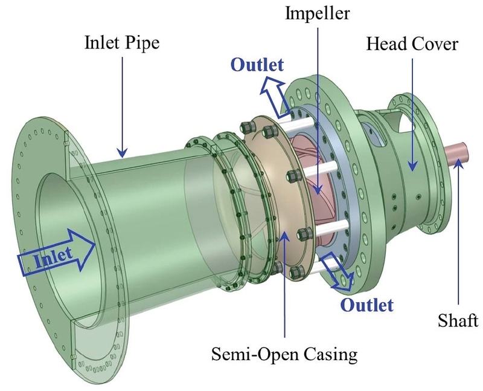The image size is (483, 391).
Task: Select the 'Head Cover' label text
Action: (x=411, y=43)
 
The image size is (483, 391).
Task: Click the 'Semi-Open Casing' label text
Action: (x=284, y=354)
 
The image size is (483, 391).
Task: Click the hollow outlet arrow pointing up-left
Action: (x=273, y=96)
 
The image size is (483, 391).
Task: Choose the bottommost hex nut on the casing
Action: (x=278, y=267)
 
